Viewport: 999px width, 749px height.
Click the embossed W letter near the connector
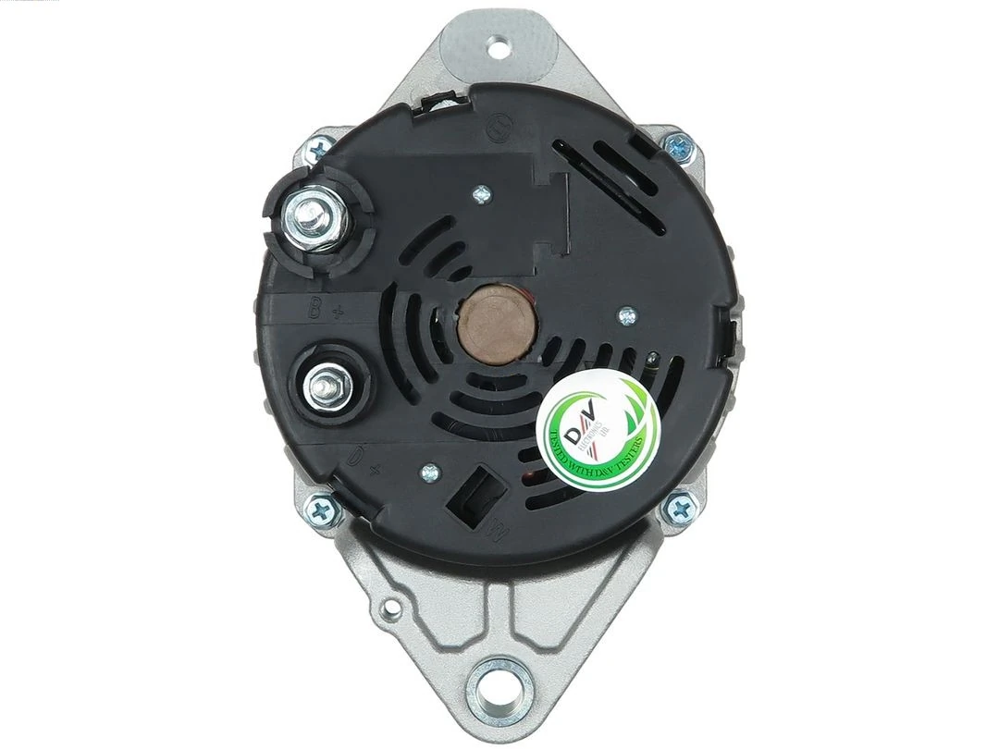pyautogui.click(x=497, y=532)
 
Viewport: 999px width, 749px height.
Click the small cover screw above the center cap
pyautogui.click(x=480, y=194)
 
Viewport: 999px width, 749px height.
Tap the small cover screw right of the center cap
pyautogui.click(x=627, y=315)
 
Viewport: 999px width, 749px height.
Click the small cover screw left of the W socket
pyautogui.click(x=428, y=473)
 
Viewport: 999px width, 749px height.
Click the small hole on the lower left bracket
pyautogui.click(x=388, y=608)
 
